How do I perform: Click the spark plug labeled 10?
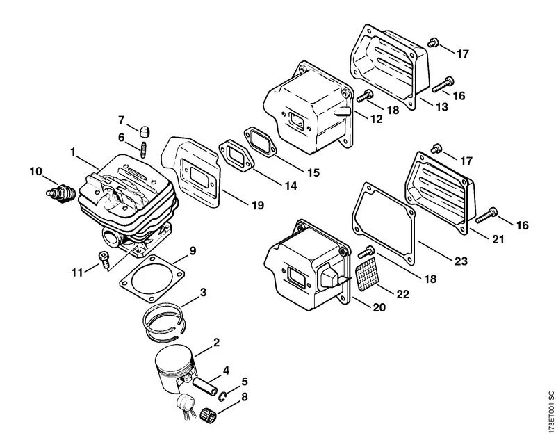pos(61,193)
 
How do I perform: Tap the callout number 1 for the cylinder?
pos(73,152)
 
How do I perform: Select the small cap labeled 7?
pos(144,131)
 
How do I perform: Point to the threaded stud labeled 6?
pos(144,149)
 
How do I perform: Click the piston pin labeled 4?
pos(204,387)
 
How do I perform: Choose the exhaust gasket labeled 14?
pos(236,155)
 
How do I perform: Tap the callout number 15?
pos(313,172)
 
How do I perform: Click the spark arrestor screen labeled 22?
pos(366,274)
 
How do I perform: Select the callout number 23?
pos(461,261)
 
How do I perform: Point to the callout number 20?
pos(379,307)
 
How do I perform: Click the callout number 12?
pos(377,119)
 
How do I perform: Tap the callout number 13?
pos(442,106)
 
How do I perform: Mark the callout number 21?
pos(498,239)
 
